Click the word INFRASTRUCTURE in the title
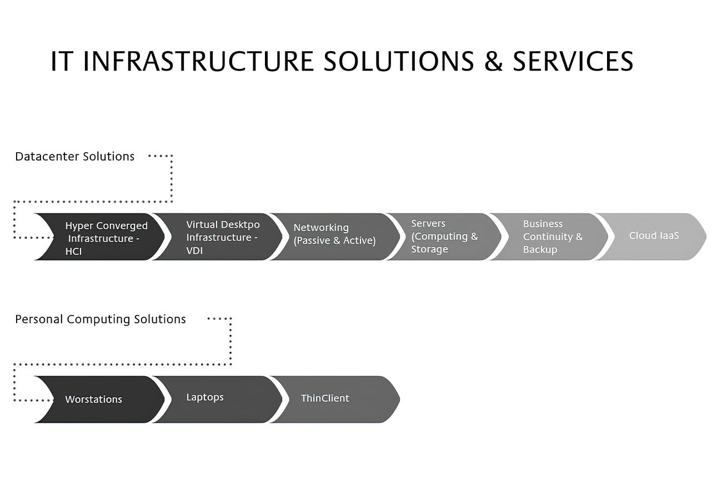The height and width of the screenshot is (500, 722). tap(198, 61)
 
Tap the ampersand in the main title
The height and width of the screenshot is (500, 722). tap(493, 61)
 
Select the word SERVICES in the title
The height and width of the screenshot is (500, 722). tap(573, 61)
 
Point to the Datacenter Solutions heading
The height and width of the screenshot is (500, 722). tap(74, 156)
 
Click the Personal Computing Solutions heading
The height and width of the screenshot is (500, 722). tap(100, 319)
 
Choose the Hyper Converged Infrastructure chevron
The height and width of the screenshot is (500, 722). tap(99, 237)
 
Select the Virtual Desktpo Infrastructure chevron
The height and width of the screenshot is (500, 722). tap(217, 237)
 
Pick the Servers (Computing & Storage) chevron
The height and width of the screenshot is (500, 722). tap(444, 237)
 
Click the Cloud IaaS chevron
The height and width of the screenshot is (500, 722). tap(650, 237)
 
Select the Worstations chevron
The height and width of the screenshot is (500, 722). tap(99, 399)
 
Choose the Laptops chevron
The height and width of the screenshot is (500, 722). tap(217, 399)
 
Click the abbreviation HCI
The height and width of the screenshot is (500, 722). tap(73, 252)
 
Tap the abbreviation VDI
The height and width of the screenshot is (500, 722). tap(194, 251)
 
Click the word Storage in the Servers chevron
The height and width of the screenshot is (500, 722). tap(429, 249)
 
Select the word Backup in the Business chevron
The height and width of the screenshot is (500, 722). tap(540, 250)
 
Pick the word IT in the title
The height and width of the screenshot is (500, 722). tap(61, 61)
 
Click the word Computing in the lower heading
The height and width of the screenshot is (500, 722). tap(98, 319)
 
